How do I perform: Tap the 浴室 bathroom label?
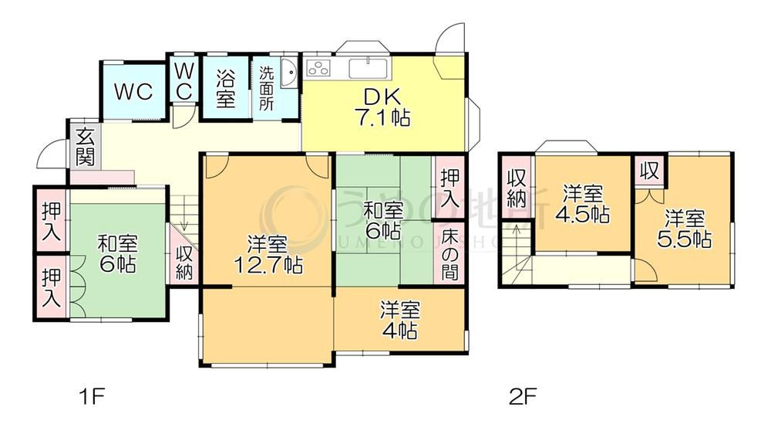point(225,88)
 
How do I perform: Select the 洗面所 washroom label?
point(266,90)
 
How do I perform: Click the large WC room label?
point(133,91)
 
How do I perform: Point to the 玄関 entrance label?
point(86,148)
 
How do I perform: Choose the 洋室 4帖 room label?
point(399,321)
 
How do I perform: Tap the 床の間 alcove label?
point(449,253)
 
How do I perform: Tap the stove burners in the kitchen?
point(318,68)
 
